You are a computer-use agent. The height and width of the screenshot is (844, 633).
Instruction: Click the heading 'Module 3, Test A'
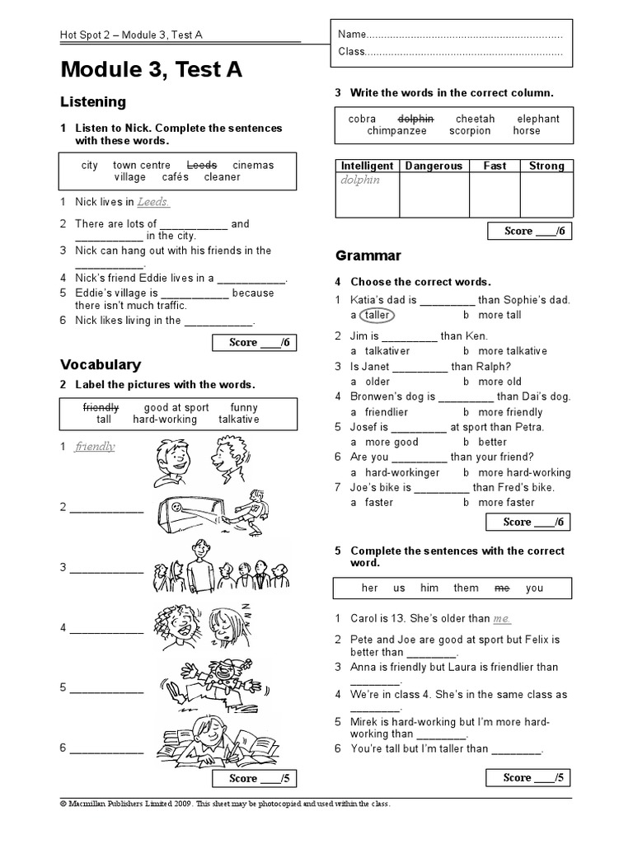[151, 71]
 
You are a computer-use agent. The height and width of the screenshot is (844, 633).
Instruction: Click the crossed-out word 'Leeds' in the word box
[202, 165]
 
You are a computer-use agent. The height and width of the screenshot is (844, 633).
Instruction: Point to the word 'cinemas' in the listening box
[253, 165]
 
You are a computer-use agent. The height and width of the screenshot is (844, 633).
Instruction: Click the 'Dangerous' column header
[434, 166]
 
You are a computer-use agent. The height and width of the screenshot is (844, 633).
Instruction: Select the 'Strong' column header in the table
[546, 166]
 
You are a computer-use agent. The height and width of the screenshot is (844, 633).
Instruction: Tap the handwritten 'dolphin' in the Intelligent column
[360, 180]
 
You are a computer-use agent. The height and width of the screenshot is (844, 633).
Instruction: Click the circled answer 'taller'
[377, 315]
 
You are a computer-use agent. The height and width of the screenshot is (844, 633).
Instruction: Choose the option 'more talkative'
[512, 351]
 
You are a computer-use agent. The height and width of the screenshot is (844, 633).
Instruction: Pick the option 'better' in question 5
[493, 443]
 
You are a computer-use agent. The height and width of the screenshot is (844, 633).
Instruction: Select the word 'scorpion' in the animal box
[470, 131]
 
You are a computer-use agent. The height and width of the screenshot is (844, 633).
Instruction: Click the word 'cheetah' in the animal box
[476, 119]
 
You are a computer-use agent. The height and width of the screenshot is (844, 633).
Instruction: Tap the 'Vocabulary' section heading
[100, 364]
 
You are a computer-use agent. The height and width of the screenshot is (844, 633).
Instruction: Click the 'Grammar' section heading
[368, 256]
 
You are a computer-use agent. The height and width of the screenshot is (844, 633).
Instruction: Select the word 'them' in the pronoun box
[466, 588]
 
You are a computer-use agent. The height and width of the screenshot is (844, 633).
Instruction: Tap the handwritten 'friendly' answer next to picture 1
[95, 447]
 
